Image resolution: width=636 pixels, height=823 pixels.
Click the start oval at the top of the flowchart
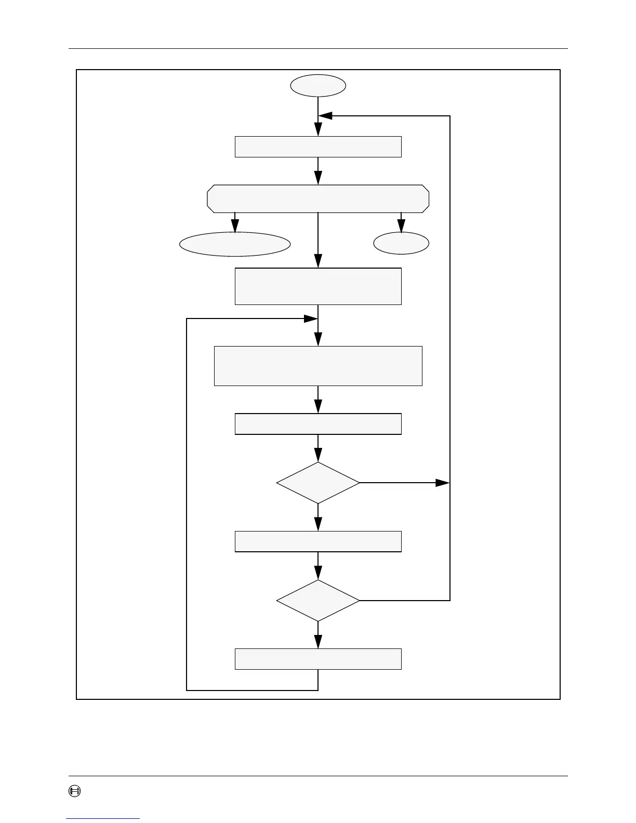(x=318, y=86)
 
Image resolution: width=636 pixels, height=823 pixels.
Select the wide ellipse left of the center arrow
(x=235, y=244)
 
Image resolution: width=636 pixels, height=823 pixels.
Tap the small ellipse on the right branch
(x=401, y=243)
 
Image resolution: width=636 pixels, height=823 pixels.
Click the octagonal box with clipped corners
(x=318, y=198)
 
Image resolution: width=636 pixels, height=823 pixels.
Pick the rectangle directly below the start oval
(x=318, y=147)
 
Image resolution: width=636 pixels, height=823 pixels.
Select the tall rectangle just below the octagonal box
(x=318, y=286)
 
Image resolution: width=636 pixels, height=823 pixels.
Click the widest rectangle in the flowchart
(x=318, y=366)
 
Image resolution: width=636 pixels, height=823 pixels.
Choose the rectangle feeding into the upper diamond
(x=318, y=424)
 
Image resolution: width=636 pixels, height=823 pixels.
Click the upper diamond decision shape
(x=318, y=483)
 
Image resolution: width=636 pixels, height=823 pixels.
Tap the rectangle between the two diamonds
(x=318, y=541)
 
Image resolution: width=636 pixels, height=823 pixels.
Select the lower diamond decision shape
(x=318, y=601)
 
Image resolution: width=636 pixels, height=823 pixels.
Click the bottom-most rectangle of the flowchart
(x=318, y=659)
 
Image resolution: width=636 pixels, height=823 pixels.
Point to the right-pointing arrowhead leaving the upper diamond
(x=443, y=483)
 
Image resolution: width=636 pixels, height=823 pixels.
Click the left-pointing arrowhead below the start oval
(x=326, y=116)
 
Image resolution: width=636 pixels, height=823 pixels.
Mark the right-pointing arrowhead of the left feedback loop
(x=311, y=318)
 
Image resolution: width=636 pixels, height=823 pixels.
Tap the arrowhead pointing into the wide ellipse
(x=235, y=227)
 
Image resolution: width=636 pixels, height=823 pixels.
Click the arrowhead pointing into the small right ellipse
(x=401, y=227)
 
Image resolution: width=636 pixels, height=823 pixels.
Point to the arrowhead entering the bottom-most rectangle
(x=318, y=642)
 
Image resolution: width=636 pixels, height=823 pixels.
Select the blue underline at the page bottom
(x=103, y=818)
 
